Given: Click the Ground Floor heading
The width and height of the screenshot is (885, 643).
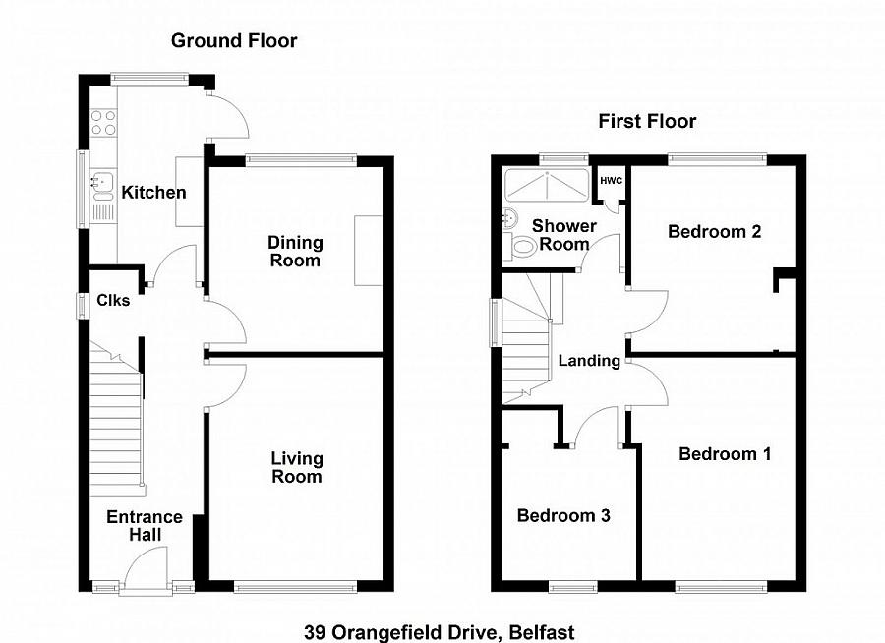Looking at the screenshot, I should [x=234, y=40].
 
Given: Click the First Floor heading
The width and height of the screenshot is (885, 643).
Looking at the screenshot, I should [x=647, y=121].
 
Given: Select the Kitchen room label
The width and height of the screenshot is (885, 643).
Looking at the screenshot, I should [x=153, y=192].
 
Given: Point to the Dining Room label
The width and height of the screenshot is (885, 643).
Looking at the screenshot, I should [x=296, y=251].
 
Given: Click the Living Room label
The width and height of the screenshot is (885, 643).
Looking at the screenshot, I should [x=296, y=467].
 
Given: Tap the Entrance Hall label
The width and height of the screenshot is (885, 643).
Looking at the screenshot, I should [x=145, y=525].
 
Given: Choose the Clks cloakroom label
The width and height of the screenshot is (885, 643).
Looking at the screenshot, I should [x=113, y=301].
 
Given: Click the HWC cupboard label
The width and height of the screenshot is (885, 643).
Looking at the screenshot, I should [x=611, y=181].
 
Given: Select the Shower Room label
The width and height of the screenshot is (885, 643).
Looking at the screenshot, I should [x=564, y=234].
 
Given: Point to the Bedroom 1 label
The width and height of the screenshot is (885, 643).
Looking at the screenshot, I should [x=724, y=453].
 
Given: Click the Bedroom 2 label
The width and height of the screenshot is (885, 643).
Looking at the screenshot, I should [x=714, y=232].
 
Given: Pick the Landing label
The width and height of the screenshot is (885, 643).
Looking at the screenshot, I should [x=589, y=360].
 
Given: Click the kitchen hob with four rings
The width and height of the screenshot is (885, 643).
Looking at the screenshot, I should [x=103, y=123].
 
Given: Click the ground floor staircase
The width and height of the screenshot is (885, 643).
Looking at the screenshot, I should [x=116, y=423].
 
